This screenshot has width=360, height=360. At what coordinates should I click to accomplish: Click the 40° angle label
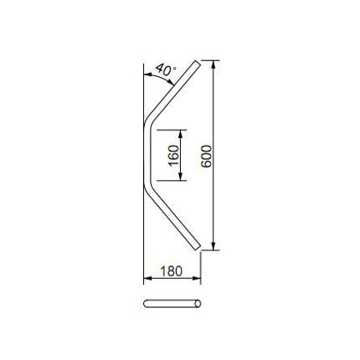pyautogui.click(x=166, y=69)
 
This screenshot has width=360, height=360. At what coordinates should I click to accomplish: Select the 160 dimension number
pyautogui.click(x=173, y=156)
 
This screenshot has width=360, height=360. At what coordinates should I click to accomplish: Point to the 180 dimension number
pyautogui.click(x=172, y=270)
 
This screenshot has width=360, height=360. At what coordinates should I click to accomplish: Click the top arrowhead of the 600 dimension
pyautogui.click(x=213, y=64)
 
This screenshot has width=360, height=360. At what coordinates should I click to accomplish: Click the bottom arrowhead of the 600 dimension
pyautogui.click(x=213, y=246)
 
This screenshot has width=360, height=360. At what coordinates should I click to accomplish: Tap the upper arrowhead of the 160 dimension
pyautogui.click(x=180, y=134)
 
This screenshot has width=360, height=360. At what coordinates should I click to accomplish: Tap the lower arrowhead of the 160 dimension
pyautogui.click(x=180, y=177)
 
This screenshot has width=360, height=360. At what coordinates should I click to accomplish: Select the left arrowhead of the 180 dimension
pyautogui.click(x=147, y=278)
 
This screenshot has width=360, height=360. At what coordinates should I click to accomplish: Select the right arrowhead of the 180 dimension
pyautogui.click(x=197, y=278)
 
